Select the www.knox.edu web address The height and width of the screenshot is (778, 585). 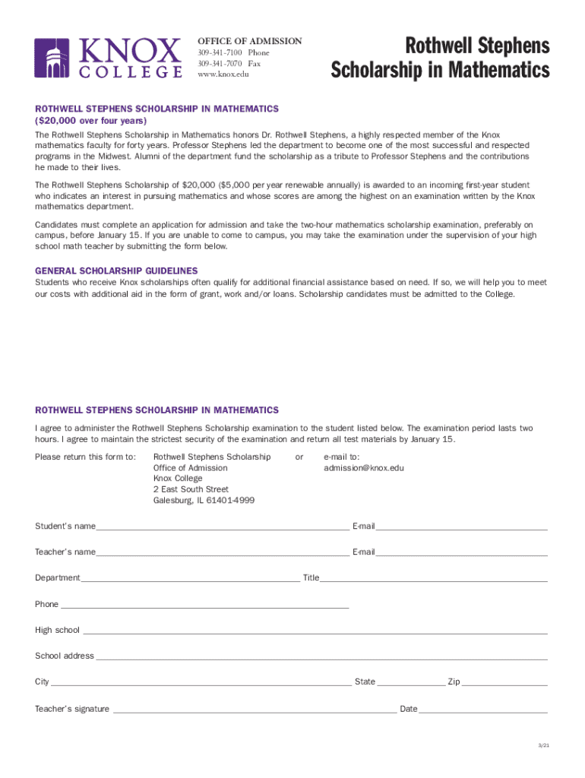(x=223, y=74)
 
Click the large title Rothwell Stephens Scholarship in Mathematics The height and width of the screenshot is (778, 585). (x=440, y=59)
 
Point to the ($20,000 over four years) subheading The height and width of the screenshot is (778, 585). (x=91, y=121)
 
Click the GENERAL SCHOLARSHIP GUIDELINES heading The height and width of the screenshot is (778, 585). (x=116, y=270)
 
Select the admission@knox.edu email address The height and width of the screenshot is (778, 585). (x=364, y=468)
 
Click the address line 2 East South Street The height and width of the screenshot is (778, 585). (x=191, y=490)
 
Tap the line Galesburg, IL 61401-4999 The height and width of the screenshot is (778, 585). (x=204, y=501)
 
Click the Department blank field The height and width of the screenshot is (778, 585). (x=190, y=579)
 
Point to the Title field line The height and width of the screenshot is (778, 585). (x=433, y=579)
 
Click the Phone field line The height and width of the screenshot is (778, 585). (x=204, y=606)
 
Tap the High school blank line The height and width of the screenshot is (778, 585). (x=313, y=631)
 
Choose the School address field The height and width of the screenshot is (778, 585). (x=321, y=657)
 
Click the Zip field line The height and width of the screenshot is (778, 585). (x=504, y=683)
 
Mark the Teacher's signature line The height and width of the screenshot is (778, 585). (x=254, y=710)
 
